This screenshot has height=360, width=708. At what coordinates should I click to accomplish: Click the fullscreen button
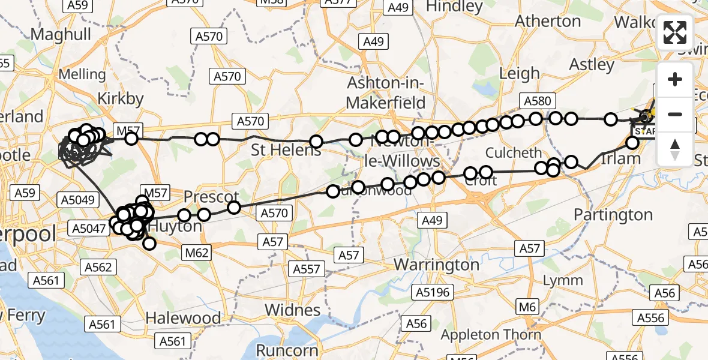coord(675,32)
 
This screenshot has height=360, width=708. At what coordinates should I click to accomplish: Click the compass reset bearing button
coord(675,149)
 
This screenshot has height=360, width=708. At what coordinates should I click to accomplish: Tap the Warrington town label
coord(436,265)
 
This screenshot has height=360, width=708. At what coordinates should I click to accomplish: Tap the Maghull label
coord(60,34)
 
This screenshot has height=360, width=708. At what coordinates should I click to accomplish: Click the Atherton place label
coord(548,21)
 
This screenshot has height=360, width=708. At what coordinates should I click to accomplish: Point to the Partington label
coord(613,214)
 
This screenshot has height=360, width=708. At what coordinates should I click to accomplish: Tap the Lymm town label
coord(562,280)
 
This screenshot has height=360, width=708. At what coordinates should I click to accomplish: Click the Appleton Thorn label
coord(491,335)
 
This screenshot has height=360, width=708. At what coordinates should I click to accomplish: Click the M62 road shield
coord(196,253)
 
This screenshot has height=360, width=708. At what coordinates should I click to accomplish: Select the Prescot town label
coord(211,197)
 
